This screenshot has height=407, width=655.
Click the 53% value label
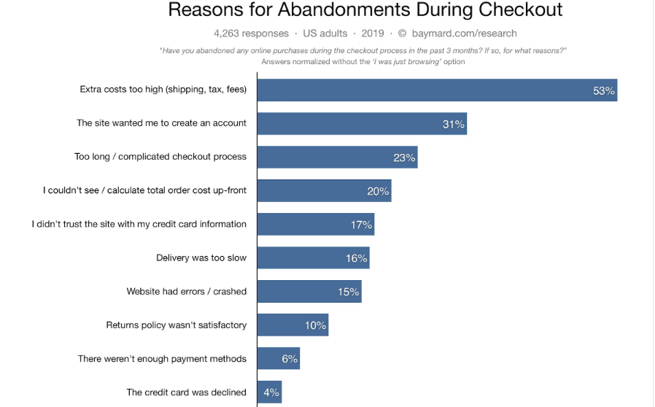pyautogui.click(x=604, y=90)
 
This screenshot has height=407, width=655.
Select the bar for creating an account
pyautogui.click(x=361, y=124)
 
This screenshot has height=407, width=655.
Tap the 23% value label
pyautogui.click(x=404, y=158)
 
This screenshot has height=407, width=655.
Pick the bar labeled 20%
pyautogui.click(x=324, y=191)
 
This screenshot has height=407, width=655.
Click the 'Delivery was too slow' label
pyautogui.click(x=201, y=257)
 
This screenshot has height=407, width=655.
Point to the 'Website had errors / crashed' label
pyautogui.click(x=187, y=291)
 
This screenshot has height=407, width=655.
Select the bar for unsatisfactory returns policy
pyautogui.click(x=292, y=325)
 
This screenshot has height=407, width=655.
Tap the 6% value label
pyautogui.click(x=290, y=359)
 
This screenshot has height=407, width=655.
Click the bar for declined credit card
pyautogui.click(x=269, y=392)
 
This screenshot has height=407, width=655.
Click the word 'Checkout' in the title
pyautogui.click(x=521, y=10)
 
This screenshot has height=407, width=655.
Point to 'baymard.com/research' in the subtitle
pyautogui.click(x=464, y=33)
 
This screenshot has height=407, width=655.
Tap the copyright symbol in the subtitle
pyautogui.click(x=402, y=33)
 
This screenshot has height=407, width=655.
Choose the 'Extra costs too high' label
pyautogui.click(x=163, y=90)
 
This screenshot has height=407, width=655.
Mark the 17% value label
pyautogui.click(x=361, y=225)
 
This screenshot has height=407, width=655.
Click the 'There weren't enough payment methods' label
pyautogui.click(x=162, y=358)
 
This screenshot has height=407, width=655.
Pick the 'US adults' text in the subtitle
pyautogui.click(x=325, y=33)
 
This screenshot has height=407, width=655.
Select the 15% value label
pyautogui.click(x=348, y=292)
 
